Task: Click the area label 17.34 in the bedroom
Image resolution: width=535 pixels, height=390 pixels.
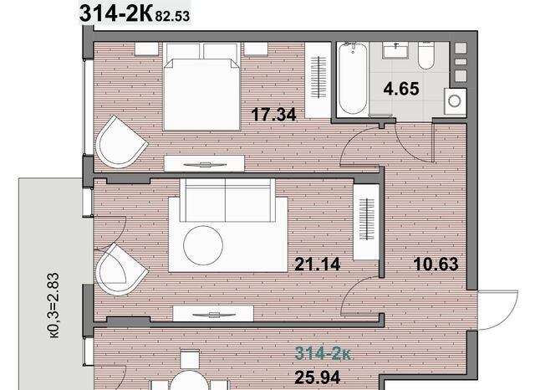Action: (273, 115)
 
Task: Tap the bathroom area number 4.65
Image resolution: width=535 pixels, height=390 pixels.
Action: (401, 89)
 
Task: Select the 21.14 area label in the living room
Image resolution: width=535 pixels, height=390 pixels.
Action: (318, 264)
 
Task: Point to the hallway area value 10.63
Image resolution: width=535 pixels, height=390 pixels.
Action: (436, 264)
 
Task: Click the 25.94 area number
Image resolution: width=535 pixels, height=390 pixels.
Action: (318, 377)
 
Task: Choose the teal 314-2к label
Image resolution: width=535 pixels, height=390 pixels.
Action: (323, 353)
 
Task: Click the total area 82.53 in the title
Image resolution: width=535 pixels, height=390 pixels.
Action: (172, 16)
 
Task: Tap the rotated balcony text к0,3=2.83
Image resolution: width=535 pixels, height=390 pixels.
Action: (54, 305)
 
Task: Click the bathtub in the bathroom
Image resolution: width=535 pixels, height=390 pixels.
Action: (353, 80)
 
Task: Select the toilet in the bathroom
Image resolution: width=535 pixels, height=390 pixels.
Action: (425, 56)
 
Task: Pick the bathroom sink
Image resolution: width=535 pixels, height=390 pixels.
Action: (395, 50)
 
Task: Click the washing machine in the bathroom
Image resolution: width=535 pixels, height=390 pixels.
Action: (455, 101)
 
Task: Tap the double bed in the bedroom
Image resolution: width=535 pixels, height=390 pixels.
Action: (201, 86)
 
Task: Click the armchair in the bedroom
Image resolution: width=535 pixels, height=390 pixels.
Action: (121, 141)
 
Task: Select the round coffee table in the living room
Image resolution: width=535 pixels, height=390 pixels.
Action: (203, 245)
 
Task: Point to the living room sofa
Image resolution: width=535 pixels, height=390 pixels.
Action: (227, 200)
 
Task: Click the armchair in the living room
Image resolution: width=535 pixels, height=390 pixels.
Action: (122, 269)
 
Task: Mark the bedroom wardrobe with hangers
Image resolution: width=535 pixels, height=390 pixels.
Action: (318, 80)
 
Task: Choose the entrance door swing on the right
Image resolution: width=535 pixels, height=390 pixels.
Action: (498, 310)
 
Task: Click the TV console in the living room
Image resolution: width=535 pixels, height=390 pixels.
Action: (213, 314)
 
